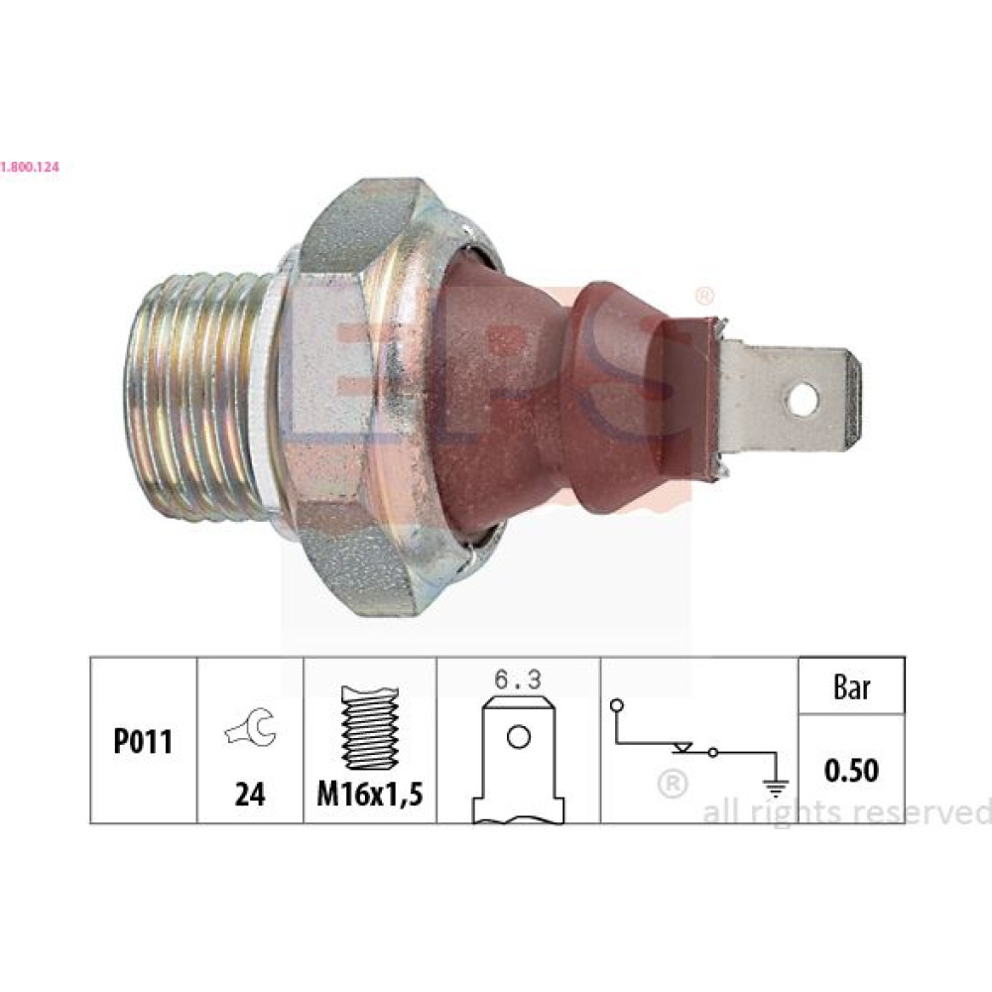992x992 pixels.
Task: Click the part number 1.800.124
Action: click(x=30, y=168)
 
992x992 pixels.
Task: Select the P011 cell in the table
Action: click(x=143, y=741)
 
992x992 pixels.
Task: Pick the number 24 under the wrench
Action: click(x=250, y=794)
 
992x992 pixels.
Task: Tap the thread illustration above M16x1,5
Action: click(x=370, y=727)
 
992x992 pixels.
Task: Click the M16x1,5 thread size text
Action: click(x=370, y=794)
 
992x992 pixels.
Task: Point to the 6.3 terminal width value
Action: click(x=518, y=681)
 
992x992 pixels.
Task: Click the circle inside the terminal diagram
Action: click(x=519, y=737)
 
